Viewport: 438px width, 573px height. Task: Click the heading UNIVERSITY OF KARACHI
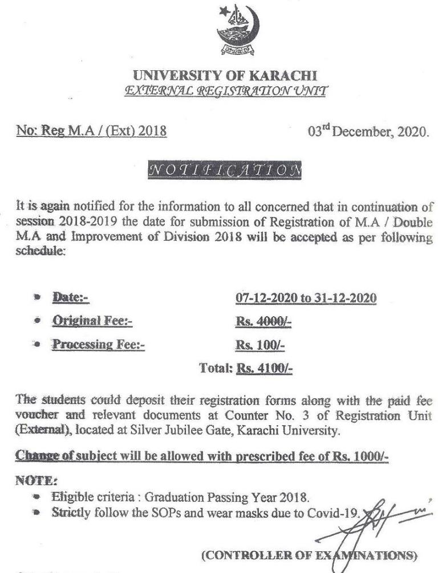[x=224, y=76]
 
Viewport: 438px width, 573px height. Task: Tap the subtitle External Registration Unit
[x=224, y=90]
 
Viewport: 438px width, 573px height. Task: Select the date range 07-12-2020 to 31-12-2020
[x=306, y=298]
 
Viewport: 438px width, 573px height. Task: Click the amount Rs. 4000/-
[x=263, y=321]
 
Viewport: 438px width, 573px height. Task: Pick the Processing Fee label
[x=99, y=345]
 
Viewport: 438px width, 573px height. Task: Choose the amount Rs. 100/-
[x=260, y=345]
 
